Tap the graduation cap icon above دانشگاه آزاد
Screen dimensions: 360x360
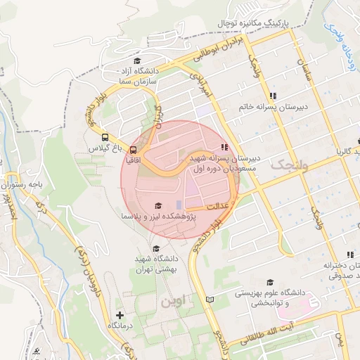coord(136,60)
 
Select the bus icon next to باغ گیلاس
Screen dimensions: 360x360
coord(105,138)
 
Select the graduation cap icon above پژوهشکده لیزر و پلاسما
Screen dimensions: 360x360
coord(157,205)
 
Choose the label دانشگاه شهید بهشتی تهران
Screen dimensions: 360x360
coord(156,264)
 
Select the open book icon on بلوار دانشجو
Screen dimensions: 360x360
coord(209,300)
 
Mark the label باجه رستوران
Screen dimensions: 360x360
coord(27,184)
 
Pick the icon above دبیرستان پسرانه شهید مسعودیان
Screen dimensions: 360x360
coord(224,147)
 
